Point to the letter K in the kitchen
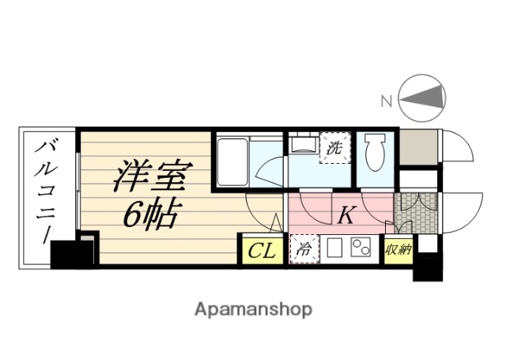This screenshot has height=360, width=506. tap(346, 214)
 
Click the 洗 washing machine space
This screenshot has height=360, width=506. tap(334, 148)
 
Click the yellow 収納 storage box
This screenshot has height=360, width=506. tap(397, 250)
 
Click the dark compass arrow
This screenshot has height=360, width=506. tap(423, 99)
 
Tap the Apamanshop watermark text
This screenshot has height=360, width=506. tap(253, 309)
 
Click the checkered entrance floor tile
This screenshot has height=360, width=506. tap(414, 212)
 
